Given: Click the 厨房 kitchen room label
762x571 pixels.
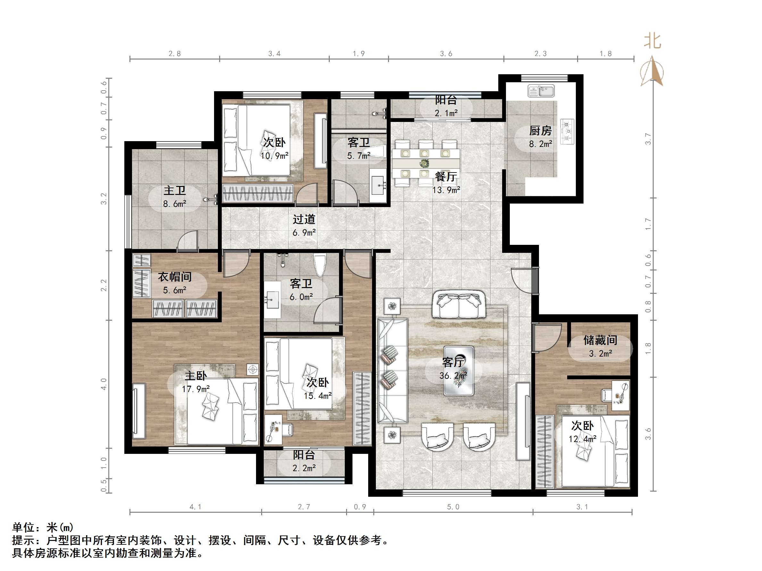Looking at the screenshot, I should pyautogui.click(x=540, y=131).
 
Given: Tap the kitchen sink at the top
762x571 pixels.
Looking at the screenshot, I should pyautogui.click(x=541, y=91).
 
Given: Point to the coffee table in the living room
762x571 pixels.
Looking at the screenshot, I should pyautogui.click(x=459, y=370).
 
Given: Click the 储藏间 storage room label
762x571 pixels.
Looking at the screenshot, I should pyautogui.click(x=600, y=340).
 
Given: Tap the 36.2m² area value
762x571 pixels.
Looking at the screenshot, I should pyautogui.click(x=453, y=375).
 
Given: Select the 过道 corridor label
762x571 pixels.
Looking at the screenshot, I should pyautogui.click(x=304, y=219).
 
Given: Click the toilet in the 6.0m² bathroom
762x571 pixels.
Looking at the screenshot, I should pyautogui.click(x=319, y=265).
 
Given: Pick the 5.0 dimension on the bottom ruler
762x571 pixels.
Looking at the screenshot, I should pyautogui.click(x=453, y=507).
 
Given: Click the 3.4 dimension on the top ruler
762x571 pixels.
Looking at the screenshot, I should pyautogui.click(x=274, y=54).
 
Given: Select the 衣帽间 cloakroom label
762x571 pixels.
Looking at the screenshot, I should pyautogui.click(x=175, y=277).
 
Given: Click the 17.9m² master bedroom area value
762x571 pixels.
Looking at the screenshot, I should pyautogui.click(x=196, y=389).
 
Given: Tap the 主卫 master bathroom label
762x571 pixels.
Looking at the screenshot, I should pyautogui.click(x=174, y=190).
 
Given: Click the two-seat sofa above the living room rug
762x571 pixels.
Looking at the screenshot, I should pyautogui.click(x=459, y=304).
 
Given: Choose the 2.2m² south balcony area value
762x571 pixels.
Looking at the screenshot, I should pyautogui.click(x=304, y=468).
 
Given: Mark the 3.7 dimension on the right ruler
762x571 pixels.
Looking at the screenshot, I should pyautogui.click(x=648, y=138).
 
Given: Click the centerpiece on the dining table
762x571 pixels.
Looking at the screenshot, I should pyautogui.click(x=424, y=163).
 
